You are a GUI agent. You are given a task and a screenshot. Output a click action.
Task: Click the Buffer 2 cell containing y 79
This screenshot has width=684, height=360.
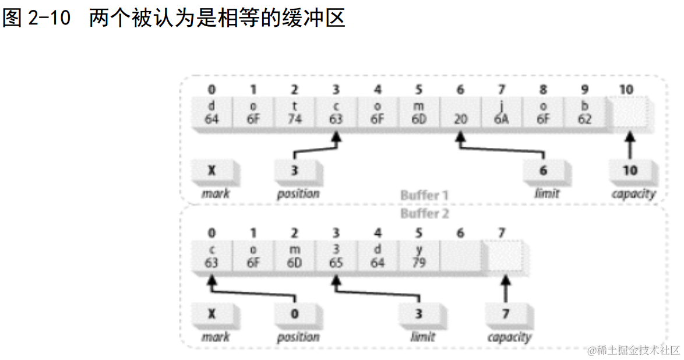pos(419,257)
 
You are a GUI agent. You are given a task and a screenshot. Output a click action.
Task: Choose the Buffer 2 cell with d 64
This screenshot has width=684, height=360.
pos(378,257)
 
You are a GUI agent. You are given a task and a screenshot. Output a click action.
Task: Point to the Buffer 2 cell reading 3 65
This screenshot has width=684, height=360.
pos(336,257)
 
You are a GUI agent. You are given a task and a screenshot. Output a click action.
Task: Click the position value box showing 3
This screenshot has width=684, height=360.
pos(295,171)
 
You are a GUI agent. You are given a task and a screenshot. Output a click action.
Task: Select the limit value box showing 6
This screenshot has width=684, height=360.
pos(544,171)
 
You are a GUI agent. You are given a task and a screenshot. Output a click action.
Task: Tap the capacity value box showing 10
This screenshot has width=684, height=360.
pos(630,171)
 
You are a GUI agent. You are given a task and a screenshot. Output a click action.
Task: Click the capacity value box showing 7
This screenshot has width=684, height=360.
pos(506,315)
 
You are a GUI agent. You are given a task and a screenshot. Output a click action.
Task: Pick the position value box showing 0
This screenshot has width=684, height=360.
pos(295,315)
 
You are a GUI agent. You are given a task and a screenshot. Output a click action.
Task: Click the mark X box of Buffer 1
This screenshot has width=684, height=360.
pos(212,171)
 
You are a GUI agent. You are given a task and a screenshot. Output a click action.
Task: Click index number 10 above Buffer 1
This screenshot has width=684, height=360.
pos(627,89)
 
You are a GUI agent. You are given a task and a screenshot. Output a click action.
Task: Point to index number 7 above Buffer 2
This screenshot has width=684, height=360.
pos(502,233)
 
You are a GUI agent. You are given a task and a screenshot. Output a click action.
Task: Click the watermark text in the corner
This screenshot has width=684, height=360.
pos(634,350)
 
